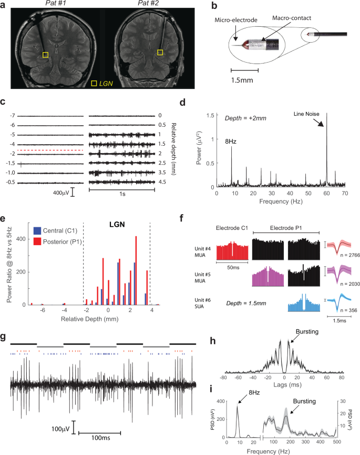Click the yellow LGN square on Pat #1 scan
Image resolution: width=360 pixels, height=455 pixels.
(x=46, y=55)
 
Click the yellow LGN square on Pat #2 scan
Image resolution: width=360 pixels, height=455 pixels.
(x=160, y=53)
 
